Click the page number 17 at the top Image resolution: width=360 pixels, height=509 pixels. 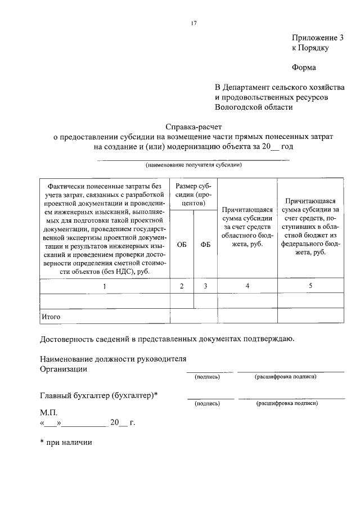(x=193, y=23)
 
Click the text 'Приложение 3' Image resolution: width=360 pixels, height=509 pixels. (x=317, y=38)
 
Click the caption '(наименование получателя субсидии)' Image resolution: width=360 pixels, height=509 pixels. (x=193, y=165)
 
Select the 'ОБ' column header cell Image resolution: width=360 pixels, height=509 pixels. (x=182, y=245)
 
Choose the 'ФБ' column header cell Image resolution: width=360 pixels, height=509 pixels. (x=205, y=245)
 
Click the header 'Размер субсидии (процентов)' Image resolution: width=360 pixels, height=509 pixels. (x=193, y=194)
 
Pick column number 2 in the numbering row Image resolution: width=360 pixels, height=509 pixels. (x=182, y=286)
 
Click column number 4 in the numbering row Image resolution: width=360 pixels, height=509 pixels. (x=247, y=286)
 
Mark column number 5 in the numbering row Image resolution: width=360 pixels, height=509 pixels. (x=310, y=286)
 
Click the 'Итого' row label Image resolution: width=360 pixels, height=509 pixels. (x=51, y=317)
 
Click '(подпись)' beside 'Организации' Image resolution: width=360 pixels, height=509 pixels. (x=207, y=376)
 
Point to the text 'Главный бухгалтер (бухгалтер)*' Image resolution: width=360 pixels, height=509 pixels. (x=99, y=395)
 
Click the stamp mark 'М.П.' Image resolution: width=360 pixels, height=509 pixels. (x=49, y=412)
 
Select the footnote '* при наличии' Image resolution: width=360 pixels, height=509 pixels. (x=66, y=442)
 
